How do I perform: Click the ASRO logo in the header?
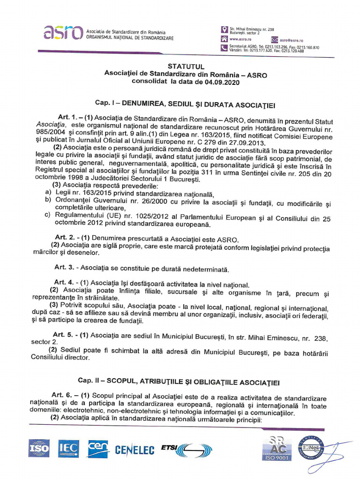coord(63,32)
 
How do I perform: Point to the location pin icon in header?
coord(224,30)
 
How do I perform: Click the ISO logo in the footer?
coord(39,449)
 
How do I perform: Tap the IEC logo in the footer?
coord(68,449)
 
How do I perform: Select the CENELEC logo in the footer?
coord(135,450)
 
